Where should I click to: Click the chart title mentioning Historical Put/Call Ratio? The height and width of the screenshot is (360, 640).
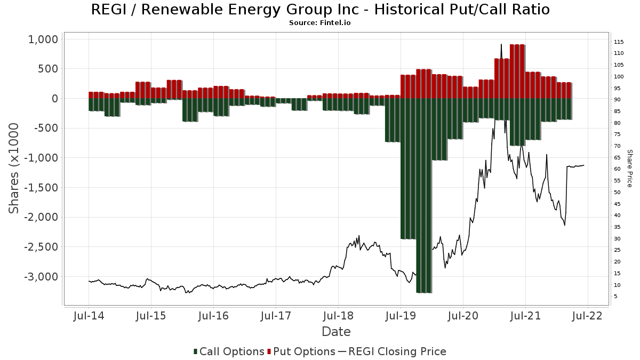tap(320, 10)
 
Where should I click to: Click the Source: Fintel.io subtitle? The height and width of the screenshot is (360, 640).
tap(320, 23)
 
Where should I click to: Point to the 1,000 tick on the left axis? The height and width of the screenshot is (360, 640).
tap(43, 39)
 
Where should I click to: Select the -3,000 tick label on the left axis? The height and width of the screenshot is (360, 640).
tap(41, 277)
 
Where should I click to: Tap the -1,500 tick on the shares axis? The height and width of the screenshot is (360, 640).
tap(41, 188)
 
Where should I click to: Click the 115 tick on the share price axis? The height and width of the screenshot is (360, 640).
tap(619, 42)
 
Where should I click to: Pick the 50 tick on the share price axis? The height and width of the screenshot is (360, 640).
tap(618, 193)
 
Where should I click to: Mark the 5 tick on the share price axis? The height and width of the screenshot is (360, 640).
tap(616, 297)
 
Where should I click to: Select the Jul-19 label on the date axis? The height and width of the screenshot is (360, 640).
tap(401, 316)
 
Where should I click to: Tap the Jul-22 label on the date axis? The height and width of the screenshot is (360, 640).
tap(588, 316)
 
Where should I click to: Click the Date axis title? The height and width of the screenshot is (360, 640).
tap(336, 332)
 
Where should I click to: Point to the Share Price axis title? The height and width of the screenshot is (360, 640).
tap(630, 168)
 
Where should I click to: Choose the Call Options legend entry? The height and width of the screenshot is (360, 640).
tap(229, 351)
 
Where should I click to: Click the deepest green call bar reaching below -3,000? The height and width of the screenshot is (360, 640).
tap(424, 213)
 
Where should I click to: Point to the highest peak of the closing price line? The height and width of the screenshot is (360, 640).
tap(501, 44)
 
